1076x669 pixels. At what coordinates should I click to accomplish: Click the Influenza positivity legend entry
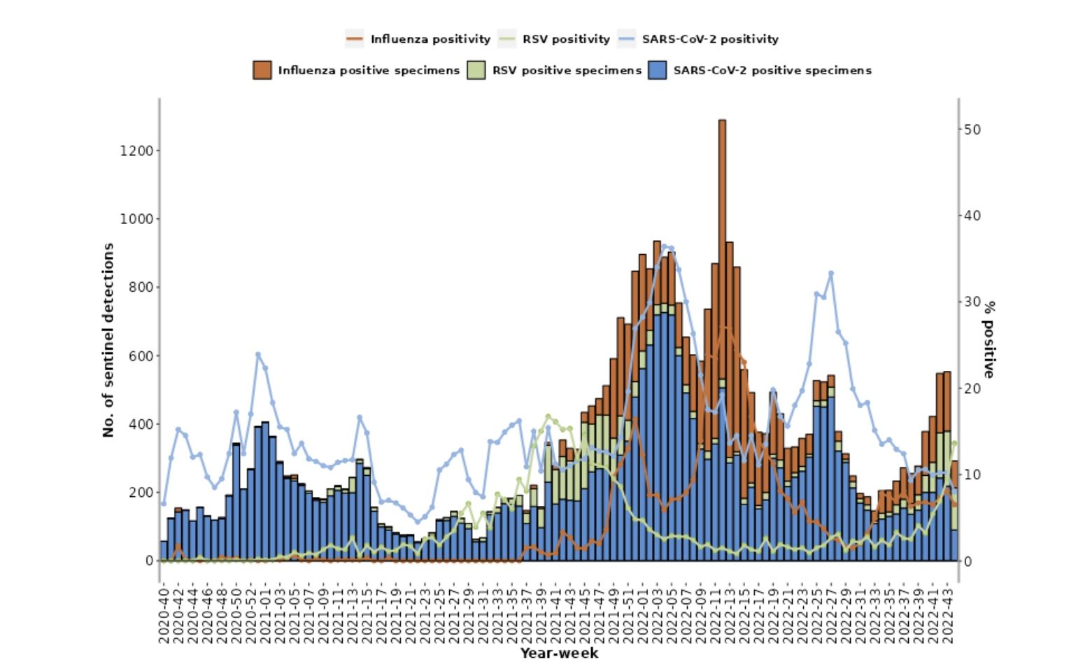[418, 39]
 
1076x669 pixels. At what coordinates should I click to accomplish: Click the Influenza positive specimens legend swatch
[262, 70]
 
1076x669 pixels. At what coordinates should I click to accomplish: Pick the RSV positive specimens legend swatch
[476, 70]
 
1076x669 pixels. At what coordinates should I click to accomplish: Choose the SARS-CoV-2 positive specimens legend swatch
[658, 70]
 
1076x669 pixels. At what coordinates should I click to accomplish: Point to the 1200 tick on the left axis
[137, 150]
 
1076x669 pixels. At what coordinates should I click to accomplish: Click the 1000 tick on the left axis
[137, 219]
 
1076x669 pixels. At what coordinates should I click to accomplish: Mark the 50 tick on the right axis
[972, 129]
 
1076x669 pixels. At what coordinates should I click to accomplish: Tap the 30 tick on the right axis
[972, 302]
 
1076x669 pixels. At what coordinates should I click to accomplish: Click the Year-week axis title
[559, 654]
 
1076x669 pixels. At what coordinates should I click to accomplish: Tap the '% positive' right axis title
[989, 339]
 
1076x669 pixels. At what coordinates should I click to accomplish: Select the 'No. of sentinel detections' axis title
[108, 340]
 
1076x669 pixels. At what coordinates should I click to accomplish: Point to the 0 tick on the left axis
[149, 561]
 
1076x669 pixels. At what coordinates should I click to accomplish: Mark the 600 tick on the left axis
[141, 355]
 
